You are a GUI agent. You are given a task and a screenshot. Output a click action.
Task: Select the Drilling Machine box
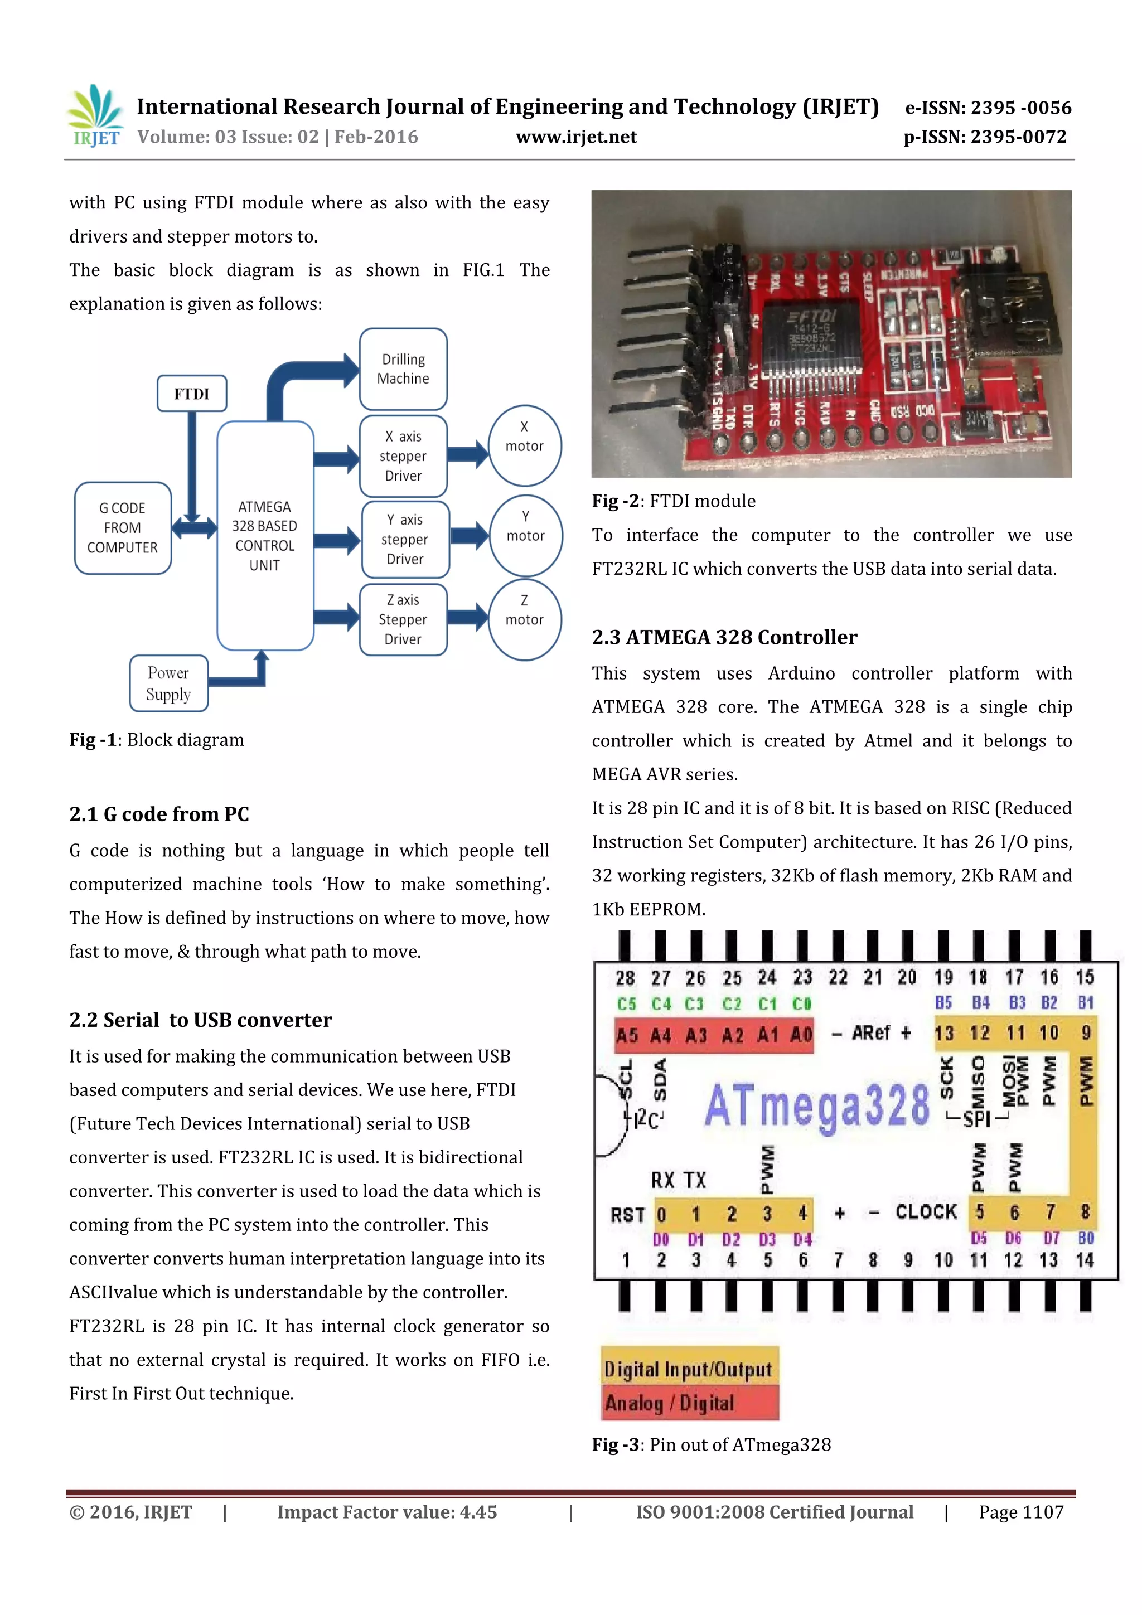(403, 369)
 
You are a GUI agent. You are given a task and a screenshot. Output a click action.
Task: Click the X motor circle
(524, 445)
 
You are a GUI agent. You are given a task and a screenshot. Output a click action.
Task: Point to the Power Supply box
(169, 683)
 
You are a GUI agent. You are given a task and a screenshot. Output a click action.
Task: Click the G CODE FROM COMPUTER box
(123, 527)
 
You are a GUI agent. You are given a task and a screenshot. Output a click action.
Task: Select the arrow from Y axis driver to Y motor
(468, 536)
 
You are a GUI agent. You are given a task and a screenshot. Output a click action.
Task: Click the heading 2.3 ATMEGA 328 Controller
(724, 637)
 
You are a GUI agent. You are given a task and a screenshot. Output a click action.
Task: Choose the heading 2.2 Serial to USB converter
(201, 1020)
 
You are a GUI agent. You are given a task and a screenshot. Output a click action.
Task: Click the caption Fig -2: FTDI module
(674, 501)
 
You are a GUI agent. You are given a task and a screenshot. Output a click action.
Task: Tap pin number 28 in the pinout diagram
(625, 978)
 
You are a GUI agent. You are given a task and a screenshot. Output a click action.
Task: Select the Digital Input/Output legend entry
(689, 1368)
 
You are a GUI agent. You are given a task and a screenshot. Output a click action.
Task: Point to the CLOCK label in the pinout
(926, 1212)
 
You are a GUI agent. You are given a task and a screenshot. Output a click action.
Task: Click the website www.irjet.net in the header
(576, 137)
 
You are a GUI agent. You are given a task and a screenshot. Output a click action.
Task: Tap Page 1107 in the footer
(1020, 1512)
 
